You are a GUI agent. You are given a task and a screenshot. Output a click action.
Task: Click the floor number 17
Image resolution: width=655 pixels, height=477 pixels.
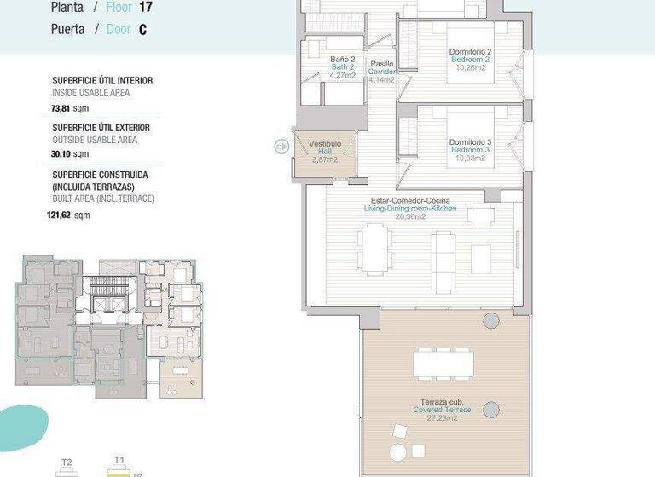coord(145,9)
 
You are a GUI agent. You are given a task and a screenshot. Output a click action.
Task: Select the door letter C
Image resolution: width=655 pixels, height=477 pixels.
coord(142,29)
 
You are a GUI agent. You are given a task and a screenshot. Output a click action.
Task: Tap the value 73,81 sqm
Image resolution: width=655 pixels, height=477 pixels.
coord(71,108)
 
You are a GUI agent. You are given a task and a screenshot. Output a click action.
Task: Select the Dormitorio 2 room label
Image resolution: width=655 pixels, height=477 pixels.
coord(471,53)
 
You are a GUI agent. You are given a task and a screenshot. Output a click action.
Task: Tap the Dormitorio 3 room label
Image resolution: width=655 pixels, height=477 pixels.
coord(471,142)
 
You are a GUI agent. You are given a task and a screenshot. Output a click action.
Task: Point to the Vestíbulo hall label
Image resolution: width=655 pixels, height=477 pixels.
coord(325,144)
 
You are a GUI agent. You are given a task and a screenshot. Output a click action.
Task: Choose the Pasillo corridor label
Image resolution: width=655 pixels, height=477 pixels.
coord(382,64)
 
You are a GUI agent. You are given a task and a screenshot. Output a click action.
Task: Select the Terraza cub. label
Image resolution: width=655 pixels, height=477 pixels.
coord(442,402)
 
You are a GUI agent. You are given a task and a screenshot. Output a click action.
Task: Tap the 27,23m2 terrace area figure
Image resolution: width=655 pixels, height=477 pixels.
coord(442,417)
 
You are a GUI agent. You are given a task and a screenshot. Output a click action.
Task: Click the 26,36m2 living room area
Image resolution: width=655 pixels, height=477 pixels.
coord(410,216)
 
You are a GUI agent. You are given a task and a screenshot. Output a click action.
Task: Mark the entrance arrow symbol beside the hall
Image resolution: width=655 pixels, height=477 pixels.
coord(281,147)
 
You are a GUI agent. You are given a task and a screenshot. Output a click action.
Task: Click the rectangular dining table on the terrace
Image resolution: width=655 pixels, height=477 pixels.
coord(443,364)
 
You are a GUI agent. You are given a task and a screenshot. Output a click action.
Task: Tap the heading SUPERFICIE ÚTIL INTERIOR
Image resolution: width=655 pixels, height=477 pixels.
coord(102,81)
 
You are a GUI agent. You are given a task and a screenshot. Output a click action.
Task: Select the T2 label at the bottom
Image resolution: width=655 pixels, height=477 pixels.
coord(67,463)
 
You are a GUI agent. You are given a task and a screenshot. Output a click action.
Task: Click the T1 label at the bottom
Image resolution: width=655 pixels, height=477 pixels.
coord(119,461)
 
